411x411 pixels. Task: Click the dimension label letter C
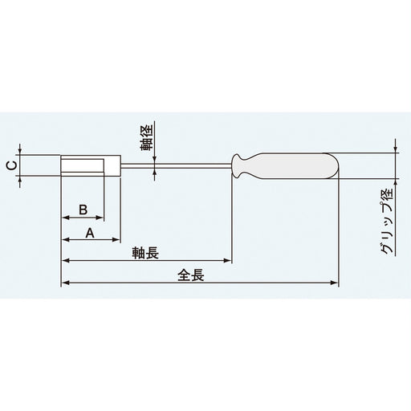[x=9, y=166]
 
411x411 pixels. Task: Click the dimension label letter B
[x=82, y=209]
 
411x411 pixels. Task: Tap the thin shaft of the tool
[x=177, y=166]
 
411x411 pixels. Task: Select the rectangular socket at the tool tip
[x=91, y=166]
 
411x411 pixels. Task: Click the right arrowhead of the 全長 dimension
[x=335, y=283]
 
